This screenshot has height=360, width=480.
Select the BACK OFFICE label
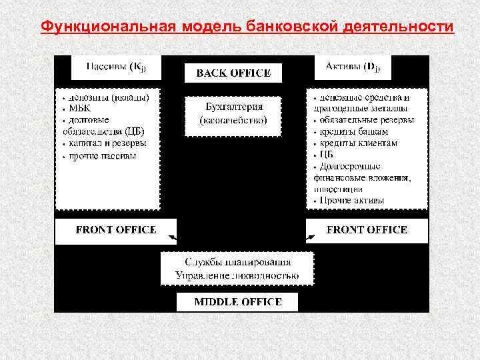(x=233, y=73)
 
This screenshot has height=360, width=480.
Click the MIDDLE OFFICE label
(x=237, y=301)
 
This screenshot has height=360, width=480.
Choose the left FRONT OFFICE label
(x=116, y=229)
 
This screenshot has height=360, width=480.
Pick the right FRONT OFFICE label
(x=367, y=229)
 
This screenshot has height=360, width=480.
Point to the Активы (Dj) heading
(x=353, y=67)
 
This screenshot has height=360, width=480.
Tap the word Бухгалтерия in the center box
(x=233, y=107)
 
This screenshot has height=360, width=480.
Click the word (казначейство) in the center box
(x=233, y=121)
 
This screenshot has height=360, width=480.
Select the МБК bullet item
(x=79, y=108)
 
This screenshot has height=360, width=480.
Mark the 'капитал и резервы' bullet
(x=107, y=143)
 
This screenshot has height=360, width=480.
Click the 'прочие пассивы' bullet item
(x=101, y=155)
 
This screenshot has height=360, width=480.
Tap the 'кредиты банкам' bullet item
(x=354, y=131)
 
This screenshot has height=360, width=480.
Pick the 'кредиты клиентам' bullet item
(x=358, y=143)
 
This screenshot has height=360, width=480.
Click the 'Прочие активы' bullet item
(x=351, y=200)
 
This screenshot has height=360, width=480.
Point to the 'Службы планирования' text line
(x=237, y=262)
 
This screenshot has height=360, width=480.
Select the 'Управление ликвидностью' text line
(x=237, y=275)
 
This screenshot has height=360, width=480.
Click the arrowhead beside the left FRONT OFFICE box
(x=173, y=237)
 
